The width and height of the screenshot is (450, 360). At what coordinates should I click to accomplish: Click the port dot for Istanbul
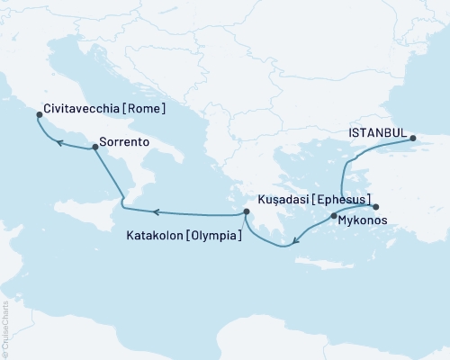[413, 139]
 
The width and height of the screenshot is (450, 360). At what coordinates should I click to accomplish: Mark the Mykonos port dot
[334, 216]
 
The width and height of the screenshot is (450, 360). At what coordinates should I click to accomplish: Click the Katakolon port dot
[245, 212]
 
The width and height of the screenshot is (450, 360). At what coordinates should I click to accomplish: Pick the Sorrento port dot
[94, 148]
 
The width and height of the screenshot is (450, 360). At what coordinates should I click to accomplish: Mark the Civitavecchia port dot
[38, 114]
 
